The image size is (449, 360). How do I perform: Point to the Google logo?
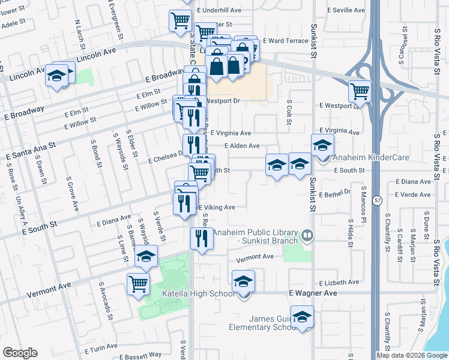coord(20,353)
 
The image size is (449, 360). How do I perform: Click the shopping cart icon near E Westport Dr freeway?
coord(360,91)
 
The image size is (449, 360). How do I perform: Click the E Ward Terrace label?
coord(285,41)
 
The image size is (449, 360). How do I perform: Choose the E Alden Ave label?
coord(242,146)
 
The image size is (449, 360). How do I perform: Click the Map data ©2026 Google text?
coord(412,355)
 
